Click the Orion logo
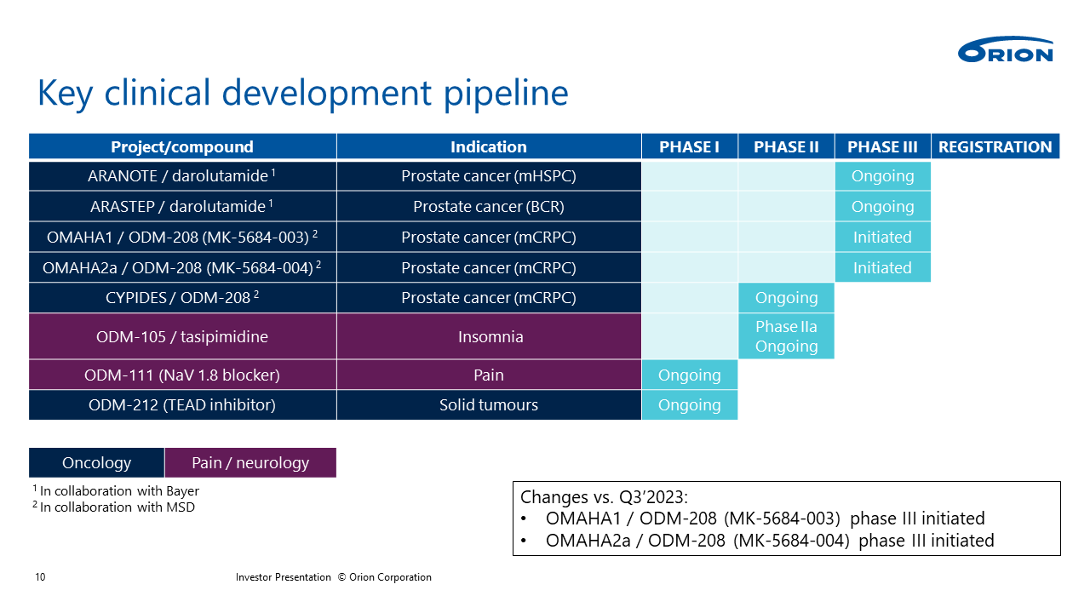point(1006,49)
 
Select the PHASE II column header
point(786,146)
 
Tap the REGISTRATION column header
point(995,146)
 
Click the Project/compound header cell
point(182,146)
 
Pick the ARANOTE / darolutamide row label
point(182,175)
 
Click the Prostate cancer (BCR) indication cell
point(489,206)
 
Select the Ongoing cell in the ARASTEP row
point(883,206)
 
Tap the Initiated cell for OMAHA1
point(883,237)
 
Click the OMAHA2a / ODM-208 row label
point(182,267)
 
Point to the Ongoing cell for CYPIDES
point(786,298)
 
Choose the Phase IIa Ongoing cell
point(786,336)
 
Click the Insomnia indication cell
point(489,336)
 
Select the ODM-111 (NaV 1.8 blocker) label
point(182,375)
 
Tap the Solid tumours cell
point(489,404)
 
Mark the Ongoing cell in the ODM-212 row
point(690,404)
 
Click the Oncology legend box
point(96,462)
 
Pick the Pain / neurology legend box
point(250,462)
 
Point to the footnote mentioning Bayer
point(116,491)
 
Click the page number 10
point(40,577)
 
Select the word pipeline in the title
point(506,94)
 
